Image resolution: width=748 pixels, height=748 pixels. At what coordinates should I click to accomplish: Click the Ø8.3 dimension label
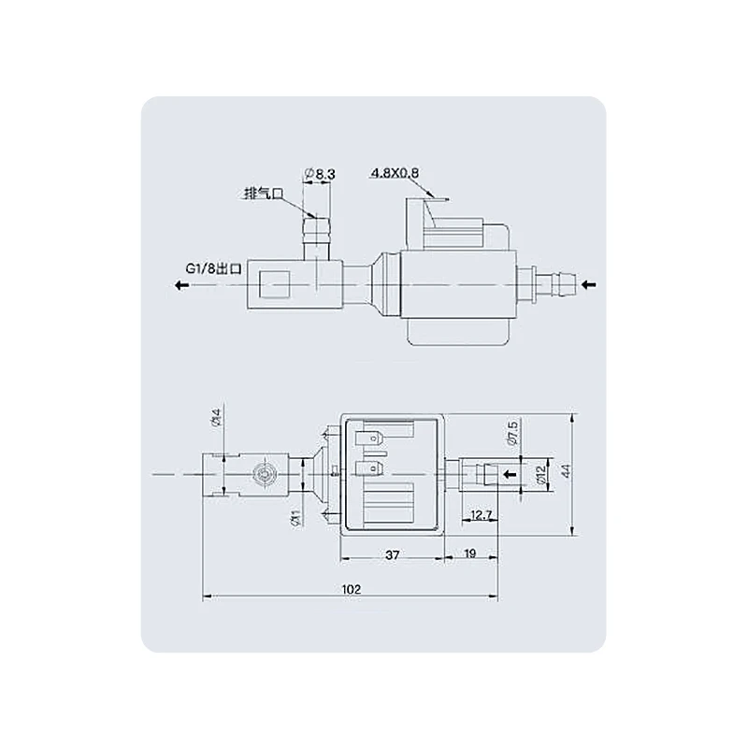[320, 174]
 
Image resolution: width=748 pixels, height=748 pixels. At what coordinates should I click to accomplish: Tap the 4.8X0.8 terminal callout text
[395, 173]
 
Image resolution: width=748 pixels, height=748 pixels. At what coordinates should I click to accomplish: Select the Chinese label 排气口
[264, 194]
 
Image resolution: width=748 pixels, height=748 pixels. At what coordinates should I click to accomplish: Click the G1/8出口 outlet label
[214, 269]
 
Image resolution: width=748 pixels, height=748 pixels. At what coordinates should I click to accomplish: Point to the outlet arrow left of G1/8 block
[181, 286]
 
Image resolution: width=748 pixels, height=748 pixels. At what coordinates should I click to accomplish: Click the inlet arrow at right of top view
[589, 285]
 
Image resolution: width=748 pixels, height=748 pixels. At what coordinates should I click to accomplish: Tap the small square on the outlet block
[274, 285]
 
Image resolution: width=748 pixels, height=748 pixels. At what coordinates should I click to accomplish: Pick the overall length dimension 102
[352, 590]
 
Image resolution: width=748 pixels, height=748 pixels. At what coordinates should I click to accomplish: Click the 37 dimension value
[392, 554]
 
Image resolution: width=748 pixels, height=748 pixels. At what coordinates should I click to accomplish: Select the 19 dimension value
[470, 554]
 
